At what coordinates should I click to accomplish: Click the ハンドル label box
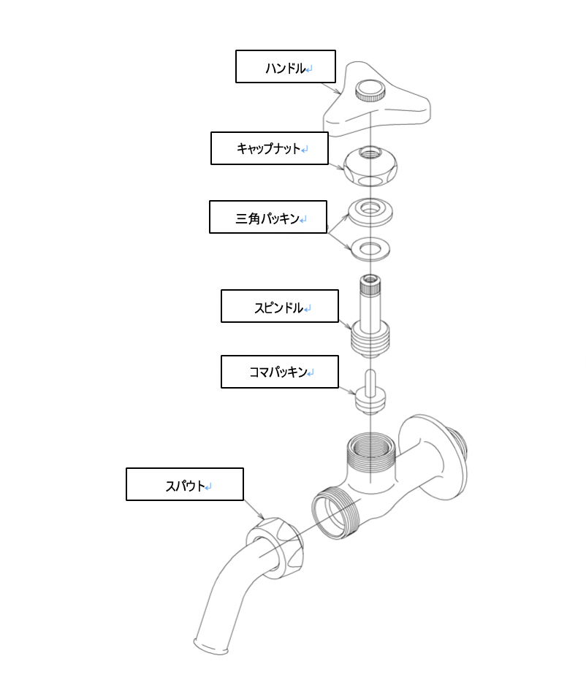click(x=285, y=66)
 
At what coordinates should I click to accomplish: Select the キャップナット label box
click(x=268, y=148)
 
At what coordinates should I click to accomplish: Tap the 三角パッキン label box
click(x=267, y=217)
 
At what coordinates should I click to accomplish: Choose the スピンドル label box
click(x=279, y=306)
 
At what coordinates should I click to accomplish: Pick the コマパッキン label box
click(x=279, y=372)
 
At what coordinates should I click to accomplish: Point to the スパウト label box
click(x=184, y=484)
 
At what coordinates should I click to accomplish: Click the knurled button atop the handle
click(x=370, y=91)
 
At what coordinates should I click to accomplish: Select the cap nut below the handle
click(x=371, y=168)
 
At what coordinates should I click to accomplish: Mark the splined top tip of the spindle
click(x=371, y=281)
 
